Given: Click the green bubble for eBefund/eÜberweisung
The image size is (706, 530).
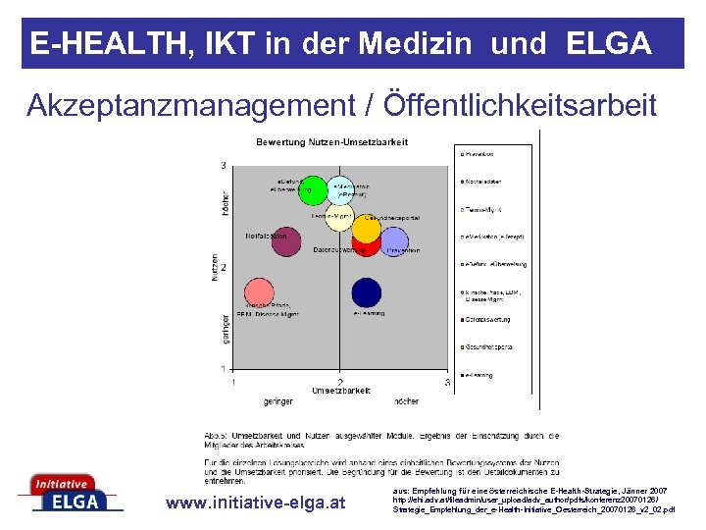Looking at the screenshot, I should coord(312,189).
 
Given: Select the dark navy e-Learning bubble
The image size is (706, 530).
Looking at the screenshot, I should coord(366,292).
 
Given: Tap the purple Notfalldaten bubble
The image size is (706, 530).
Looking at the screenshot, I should coord(285,241).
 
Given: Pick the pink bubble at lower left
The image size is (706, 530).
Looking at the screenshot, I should coord(258,293).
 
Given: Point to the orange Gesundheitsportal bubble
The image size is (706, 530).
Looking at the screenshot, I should coord(366,229).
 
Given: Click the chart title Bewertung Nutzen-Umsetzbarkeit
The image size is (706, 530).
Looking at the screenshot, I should coord(332,142).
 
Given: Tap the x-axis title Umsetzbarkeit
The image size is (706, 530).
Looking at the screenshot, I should coord(340,390).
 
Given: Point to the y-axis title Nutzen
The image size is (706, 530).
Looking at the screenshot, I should coord(215,269).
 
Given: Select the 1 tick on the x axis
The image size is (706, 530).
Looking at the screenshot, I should coord(232,382).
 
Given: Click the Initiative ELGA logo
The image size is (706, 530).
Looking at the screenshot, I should coord(69,493).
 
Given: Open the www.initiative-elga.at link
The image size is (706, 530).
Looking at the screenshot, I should coord(256,503).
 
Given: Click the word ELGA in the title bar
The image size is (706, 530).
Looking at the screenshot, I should coord(609,43).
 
